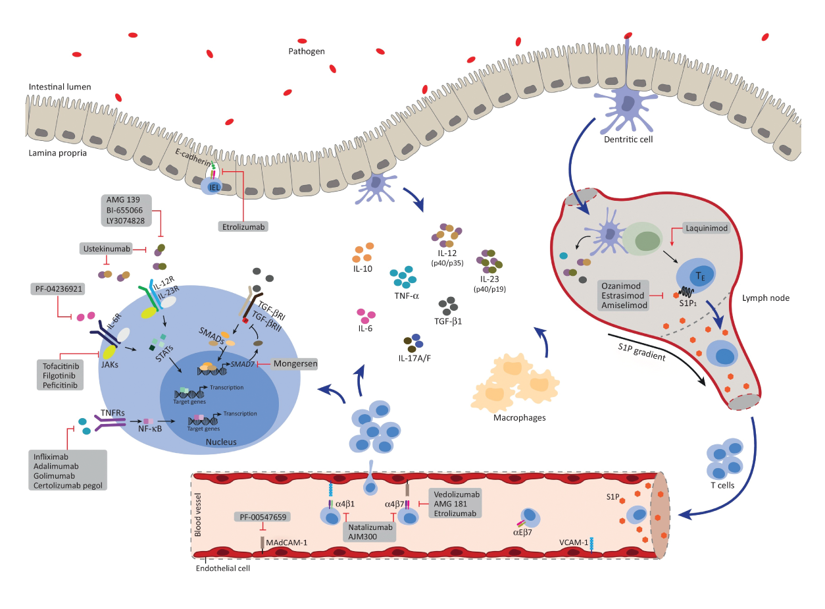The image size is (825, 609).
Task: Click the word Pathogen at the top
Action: pyautogui.click(x=307, y=51)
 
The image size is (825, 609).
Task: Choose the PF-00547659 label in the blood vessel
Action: pyautogui.click(x=262, y=517)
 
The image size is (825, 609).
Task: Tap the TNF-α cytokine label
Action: pyautogui.click(x=406, y=296)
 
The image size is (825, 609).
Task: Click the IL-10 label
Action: pyautogui.click(x=363, y=269)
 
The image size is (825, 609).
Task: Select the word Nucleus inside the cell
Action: pyautogui.click(x=221, y=441)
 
